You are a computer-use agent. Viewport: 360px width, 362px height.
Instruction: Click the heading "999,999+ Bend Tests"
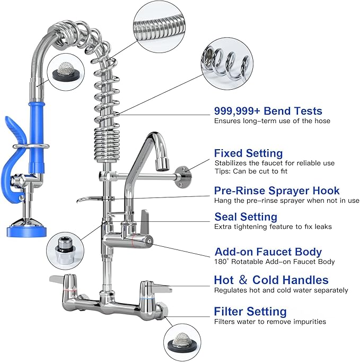click(x=268, y=111)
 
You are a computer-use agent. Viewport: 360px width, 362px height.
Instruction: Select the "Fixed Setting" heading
click(x=248, y=153)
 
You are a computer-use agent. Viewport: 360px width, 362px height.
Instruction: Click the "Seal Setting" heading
click(x=245, y=217)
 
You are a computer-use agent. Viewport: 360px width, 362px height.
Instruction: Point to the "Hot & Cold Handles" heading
click(x=271, y=280)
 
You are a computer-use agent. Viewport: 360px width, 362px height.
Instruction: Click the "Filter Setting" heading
click(x=250, y=311)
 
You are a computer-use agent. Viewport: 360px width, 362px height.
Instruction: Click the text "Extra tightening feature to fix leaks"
click(x=273, y=227)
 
